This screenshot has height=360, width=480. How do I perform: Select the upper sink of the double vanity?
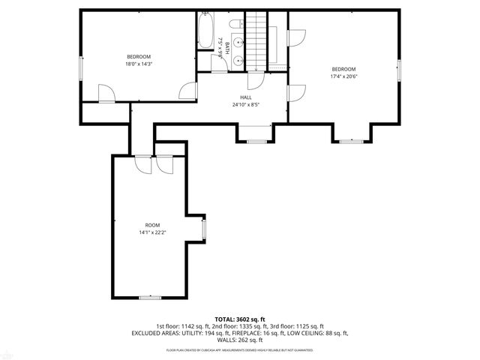click(239, 43)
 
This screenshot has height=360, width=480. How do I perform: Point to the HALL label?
click(246, 97)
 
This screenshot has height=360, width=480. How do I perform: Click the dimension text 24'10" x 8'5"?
click(246, 105)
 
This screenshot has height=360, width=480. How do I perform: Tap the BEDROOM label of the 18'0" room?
click(139, 57)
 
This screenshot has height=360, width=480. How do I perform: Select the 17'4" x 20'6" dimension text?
click(343, 76)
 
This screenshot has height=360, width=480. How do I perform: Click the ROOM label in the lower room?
click(152, 225)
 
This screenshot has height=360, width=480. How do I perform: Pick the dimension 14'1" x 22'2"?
click(152, 232)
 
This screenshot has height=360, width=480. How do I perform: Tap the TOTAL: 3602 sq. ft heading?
click(240, 319)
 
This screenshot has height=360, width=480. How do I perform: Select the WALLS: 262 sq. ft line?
click(240, 340)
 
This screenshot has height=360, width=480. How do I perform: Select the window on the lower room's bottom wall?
click(150, 298)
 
